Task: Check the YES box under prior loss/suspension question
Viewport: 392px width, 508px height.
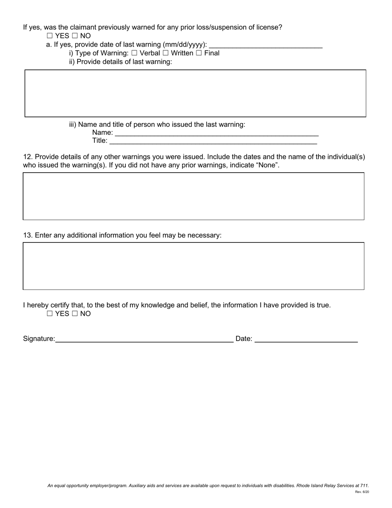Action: point(50,36)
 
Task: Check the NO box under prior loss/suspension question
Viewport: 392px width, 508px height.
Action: point(75,36)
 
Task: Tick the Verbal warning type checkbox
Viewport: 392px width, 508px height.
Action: point(134,53)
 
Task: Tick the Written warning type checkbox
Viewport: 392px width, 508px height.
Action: point(165,53)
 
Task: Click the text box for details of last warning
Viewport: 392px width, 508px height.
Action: point(195,93)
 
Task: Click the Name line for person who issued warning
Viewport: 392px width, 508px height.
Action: point(216,133)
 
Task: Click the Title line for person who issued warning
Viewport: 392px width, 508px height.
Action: point(213,141)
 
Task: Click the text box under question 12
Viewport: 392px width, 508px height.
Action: point(194,196)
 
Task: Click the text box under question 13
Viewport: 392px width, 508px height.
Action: point(194,266)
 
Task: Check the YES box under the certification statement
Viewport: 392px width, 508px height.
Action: point(50,314)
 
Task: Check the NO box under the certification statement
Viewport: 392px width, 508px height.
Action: point(75,314)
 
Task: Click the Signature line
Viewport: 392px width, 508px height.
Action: point(144,339)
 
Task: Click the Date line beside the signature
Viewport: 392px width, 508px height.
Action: point(306,339)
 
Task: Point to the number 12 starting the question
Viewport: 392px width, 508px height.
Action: point(27,157)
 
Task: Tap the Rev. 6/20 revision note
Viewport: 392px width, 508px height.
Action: point(362,492)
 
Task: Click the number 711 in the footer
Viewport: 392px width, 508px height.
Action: point(364,486)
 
